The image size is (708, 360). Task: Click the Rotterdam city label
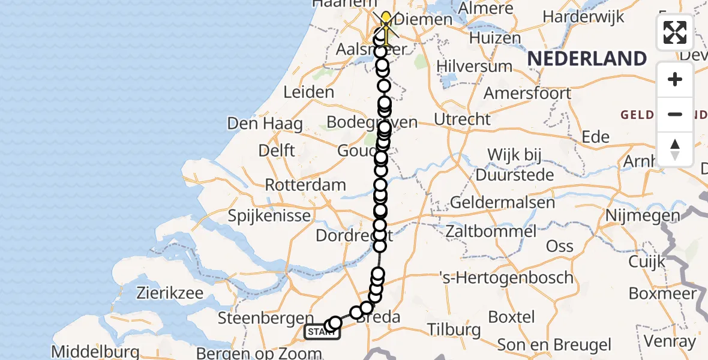tap(305, 185)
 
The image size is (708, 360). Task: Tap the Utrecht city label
tap(462, 119)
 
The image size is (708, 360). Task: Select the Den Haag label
tap(265, 124)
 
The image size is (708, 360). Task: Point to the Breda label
tap(379, 317)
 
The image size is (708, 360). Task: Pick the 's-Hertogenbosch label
tap(506, 278)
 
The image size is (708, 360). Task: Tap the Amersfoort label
tap(527, 94)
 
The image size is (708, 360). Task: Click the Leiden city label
tap(309, 92)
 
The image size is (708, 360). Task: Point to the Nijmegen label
tap(643, 215)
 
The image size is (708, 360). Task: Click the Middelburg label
tap(96, 351)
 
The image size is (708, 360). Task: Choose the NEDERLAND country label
tap(587, 59)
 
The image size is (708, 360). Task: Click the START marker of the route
tap(322, 332)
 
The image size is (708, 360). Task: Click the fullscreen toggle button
tap(675, 32)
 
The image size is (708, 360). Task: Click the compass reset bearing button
tap(675, 149)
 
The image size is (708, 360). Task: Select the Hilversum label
tap(475, 65)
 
